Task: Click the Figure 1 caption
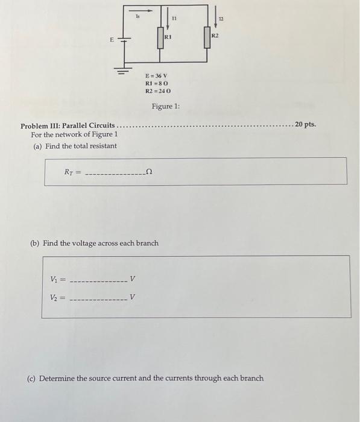[166, 107]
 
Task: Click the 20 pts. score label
[305, 125]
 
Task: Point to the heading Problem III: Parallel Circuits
[68, 127]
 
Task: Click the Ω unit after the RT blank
[149, 172]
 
